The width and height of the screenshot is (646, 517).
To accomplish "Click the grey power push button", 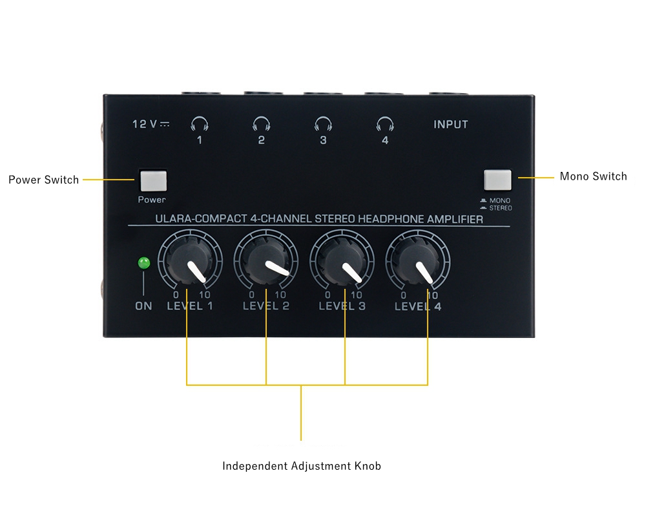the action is click(x=154, y=180).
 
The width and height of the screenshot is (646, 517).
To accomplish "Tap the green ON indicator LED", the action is click(x=144, y=262).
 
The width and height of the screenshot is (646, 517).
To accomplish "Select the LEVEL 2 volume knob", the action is click(x=266, y=260).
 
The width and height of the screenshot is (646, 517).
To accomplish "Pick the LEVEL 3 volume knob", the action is click(x=342, y=260).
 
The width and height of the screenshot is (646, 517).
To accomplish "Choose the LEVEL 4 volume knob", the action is click(x=418, y=260).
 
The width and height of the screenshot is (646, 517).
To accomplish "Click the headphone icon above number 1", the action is click(x=200, y=123).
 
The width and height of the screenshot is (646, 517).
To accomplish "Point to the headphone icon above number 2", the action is click(x=262, y=123).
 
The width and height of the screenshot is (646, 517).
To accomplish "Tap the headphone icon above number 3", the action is click(x=324, y=123).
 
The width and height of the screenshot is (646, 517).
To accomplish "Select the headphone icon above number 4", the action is click(x=385, y=123).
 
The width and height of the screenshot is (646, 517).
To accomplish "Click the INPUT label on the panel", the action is click(x=451, y=125).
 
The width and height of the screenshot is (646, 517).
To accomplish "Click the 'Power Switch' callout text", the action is click(x=44, y=180).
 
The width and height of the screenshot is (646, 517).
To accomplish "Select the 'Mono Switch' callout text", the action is click(x=593, y=176).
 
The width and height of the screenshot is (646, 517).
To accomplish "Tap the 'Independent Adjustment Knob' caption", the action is click(x=302, y=466).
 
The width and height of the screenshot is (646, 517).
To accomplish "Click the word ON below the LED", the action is click(x=144, y=306).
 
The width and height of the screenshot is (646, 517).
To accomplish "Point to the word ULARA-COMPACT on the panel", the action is click(x=201, y=219).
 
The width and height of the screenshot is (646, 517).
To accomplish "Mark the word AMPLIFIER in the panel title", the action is click(x=455, y=219).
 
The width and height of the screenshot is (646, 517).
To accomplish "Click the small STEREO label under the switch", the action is click(x=501, y=208).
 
